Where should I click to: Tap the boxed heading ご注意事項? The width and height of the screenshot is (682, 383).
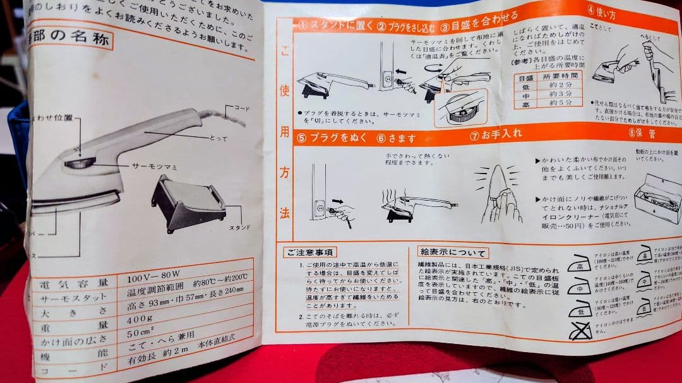tap(309, 252)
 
